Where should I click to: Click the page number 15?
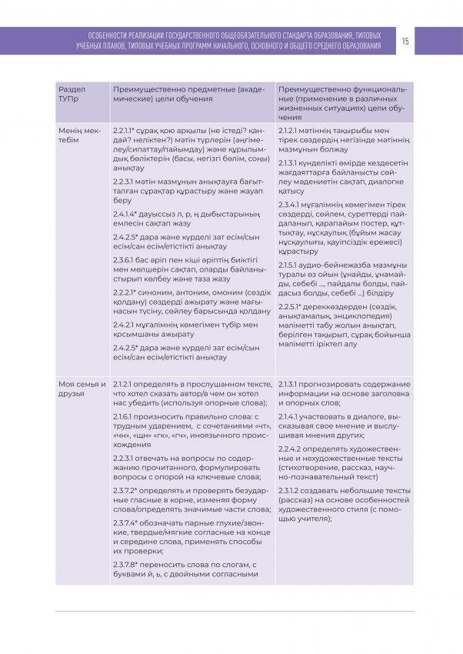click(x=405, y=42)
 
